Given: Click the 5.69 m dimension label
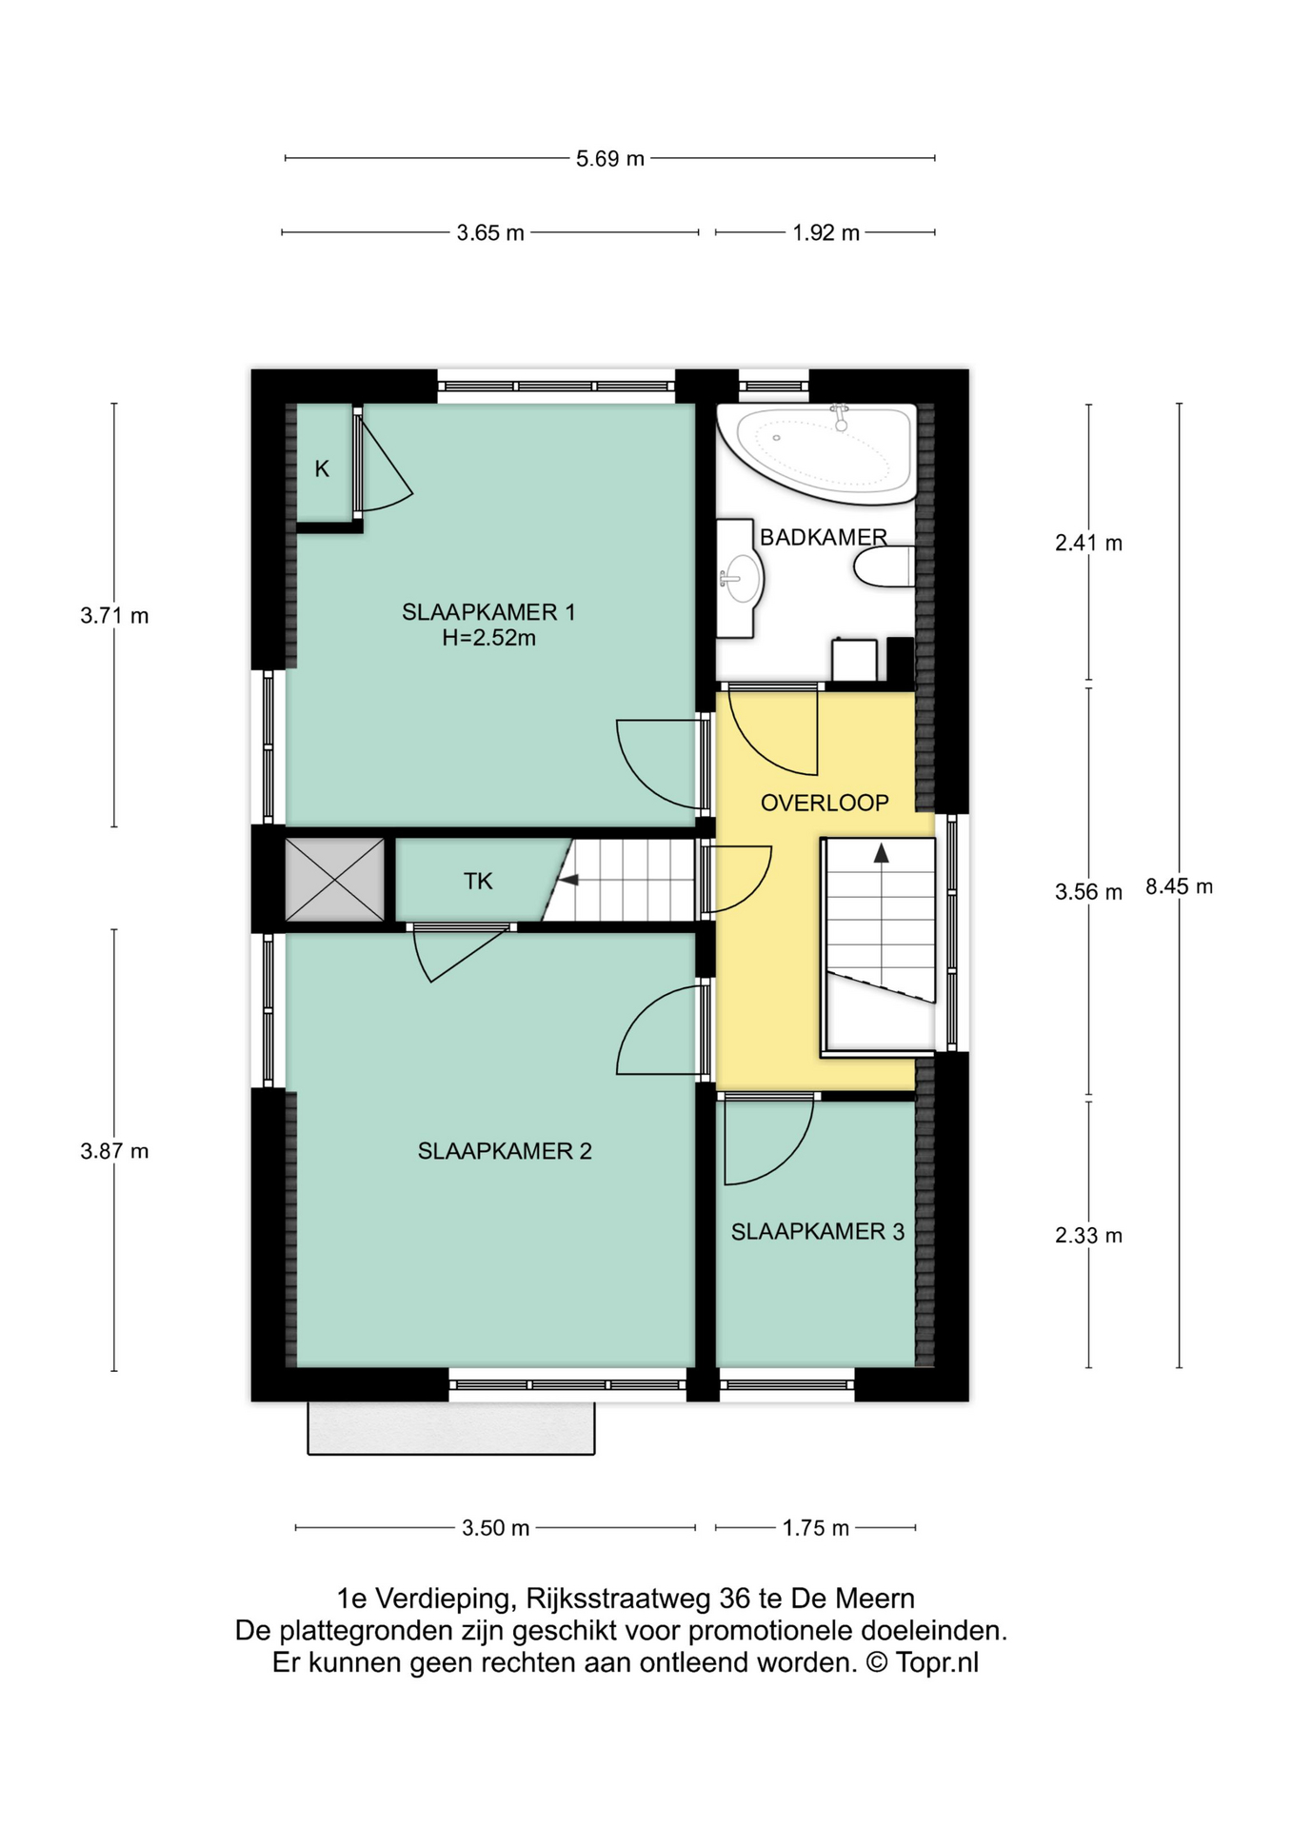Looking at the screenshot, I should coord(609,159).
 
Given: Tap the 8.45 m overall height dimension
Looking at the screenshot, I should coord(1178,886).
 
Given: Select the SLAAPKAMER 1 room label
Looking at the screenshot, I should coord(487,612).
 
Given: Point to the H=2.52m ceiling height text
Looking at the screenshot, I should coord(487,639).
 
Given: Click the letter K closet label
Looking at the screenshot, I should coord(322,468).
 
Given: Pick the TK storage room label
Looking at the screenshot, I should coord(478,882).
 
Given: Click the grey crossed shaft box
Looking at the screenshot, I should coord(334,880).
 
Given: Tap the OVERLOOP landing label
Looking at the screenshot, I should coord(825,803).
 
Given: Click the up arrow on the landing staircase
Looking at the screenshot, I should coord(882,853).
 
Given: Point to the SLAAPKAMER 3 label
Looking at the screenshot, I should coord(817,1232).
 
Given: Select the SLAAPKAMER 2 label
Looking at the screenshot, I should coord(505,1151).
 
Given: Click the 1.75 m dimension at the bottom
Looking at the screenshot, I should coord(815,1529).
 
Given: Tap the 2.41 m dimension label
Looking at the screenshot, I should coord(1087,544).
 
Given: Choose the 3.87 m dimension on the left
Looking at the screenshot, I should coord(114,1151).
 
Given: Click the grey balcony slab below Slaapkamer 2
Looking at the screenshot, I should coord(450,1427).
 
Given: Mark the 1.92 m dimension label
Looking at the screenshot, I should coord(826,233).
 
